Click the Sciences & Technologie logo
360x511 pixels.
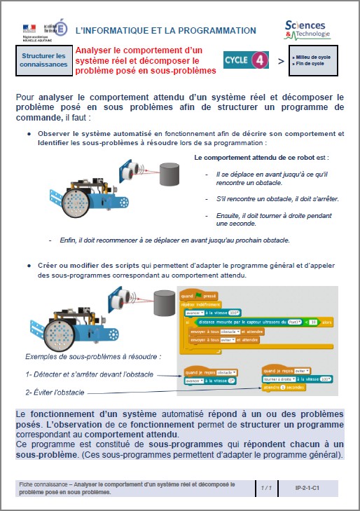coord(307,29)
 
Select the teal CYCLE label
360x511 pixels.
coord(236,61)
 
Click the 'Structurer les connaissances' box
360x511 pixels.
coord(43,60)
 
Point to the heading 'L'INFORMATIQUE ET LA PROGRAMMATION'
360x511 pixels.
coord(165,30)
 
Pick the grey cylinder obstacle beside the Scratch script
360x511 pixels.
coord(166,305)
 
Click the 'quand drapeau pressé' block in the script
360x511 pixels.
coord(200,295)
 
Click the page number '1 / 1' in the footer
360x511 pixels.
coord(266,486)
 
